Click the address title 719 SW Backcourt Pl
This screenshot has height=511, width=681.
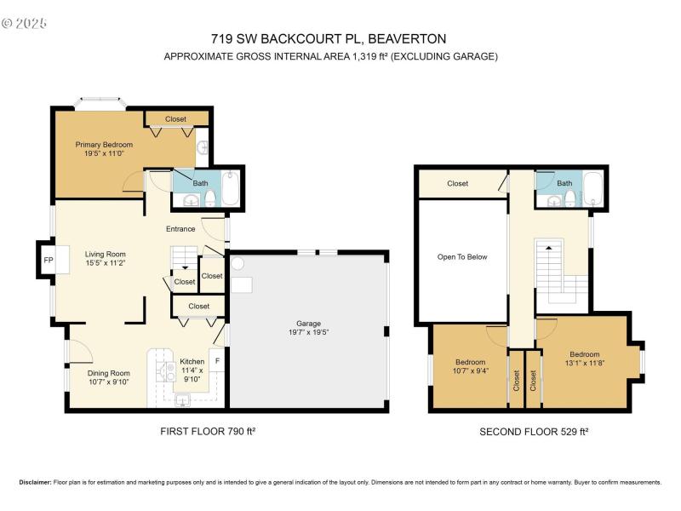pos(328,38)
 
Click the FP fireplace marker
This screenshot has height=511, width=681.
pos(48,260)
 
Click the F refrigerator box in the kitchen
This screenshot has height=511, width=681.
pos(217,361)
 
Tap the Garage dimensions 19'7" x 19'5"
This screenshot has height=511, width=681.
pos(308,333)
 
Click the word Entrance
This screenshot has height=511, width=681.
pos(180,228)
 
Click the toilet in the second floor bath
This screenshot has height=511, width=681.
pos(569,199)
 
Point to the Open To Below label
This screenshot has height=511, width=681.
pos(462,256)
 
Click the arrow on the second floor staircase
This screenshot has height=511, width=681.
pos(548,248)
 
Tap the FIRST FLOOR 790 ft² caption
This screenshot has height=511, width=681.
pos(208,432)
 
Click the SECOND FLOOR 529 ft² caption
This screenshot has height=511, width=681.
pos(534,432)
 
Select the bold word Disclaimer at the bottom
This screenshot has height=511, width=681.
pos(35,482)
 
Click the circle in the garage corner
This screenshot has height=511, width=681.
pos(237,265)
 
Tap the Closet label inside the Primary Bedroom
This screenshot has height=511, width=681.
pos(175,119)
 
